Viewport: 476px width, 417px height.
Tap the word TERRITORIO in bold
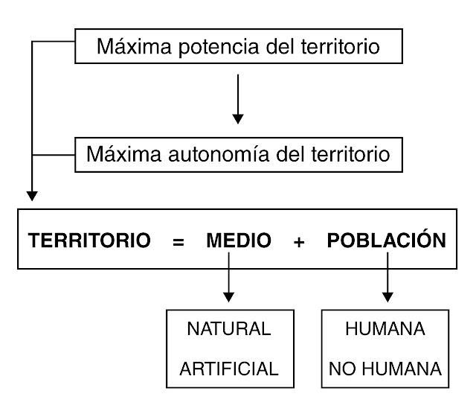coord(90,241)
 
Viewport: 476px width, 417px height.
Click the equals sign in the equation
coord(178,243)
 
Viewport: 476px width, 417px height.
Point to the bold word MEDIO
coord(239,241)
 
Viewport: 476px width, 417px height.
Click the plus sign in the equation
coord(299,243)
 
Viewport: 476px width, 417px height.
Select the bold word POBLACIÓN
coord(387,241)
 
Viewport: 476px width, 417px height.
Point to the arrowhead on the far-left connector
coord(31,197)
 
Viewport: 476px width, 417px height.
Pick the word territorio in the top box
coord(346,49)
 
